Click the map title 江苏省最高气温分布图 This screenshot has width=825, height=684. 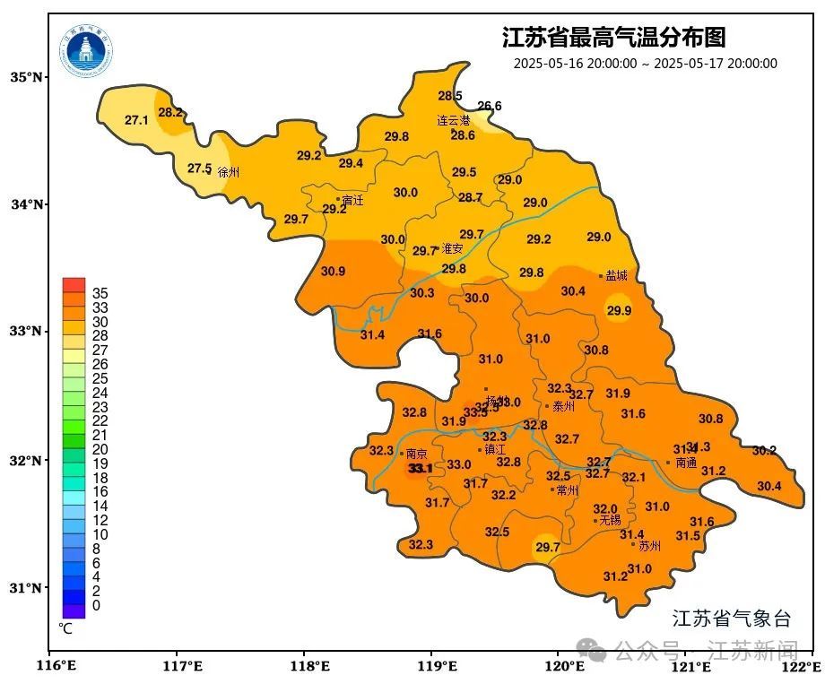pyautogui.click(x=613, y=38)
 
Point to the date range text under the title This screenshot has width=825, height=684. pyautogui.click(x=645, y=64)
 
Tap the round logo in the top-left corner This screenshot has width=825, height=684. pyautogui.click(x=87, y=50)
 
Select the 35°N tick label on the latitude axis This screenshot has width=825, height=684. pyautogui.click(x=27, y=77)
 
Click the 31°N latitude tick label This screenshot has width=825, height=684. pyautogui.click(x=27, y=588)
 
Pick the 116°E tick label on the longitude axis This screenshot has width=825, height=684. pyautogui.click(x=54, y=666)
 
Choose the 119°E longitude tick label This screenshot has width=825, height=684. pyautogui.click(x=438, y=666)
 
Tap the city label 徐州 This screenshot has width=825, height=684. pyautogui.click(x=229, y=172)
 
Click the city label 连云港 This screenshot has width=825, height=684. pyautogui.click(x=453, y=120)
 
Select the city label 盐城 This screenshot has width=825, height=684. pyautogui.click(x=616, y=276)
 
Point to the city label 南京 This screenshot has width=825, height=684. pyautogui.click(x=416, y=455)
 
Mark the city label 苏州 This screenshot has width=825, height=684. pyautogui.click(x=649, y=545)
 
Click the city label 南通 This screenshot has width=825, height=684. pyautogui.click(x=686, y=463)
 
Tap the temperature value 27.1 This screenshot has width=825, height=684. pyautogui.click(x=136, y=120)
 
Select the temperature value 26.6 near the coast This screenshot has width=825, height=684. pyautogui.click(x=490, y=106)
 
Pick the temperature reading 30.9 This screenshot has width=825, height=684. pyautogui.click(x=333, y=272)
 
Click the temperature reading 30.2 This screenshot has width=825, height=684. pyautogui.click(x=764, y=451)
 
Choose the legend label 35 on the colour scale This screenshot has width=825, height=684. pyautogui.click(x=100, y=293)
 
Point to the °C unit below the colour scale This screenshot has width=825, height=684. pyautogui.click(x=65, y=629)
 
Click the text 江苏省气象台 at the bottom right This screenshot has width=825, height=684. pyautogui.click(x=732, y=619)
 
